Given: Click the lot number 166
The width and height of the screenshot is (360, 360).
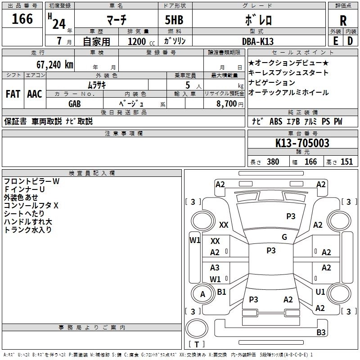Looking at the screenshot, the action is coord(22,18).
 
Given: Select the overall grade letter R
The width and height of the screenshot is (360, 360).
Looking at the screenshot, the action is coord(343,21).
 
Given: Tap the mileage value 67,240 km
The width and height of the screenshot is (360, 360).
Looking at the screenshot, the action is coord(55,65).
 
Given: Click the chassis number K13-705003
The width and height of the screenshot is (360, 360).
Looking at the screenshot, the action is coord(302,143).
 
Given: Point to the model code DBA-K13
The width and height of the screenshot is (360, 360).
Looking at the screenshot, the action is coord(258,41).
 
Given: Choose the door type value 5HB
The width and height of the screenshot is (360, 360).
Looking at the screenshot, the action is coord(174,20).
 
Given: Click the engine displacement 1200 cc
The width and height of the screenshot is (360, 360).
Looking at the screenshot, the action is coord(141,41).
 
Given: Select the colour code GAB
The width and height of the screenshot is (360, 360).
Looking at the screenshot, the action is coord(75,104).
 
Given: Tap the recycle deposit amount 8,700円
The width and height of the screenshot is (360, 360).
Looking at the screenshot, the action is coord(230,104).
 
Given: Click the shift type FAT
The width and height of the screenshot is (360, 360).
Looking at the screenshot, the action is coord(13,94).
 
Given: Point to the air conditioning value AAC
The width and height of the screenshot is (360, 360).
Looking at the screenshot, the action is coord(35,94).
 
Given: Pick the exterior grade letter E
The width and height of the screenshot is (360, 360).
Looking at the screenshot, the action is coord(336,41).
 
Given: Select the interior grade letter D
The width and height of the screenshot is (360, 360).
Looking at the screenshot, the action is coord(350,41).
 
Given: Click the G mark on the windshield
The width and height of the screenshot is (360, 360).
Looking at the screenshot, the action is coord(284,237).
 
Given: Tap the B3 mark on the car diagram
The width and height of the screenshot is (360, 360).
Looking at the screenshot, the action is coord(321,332).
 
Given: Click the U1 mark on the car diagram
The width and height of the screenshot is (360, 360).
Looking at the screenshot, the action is coord(320,292).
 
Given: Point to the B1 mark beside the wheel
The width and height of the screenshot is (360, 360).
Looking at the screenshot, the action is coord(221,292).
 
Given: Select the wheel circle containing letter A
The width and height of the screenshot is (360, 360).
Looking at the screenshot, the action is coord(202,294).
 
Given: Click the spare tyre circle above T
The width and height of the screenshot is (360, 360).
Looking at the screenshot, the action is coord(197,328).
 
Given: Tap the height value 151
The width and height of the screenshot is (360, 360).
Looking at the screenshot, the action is coord(346,162).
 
